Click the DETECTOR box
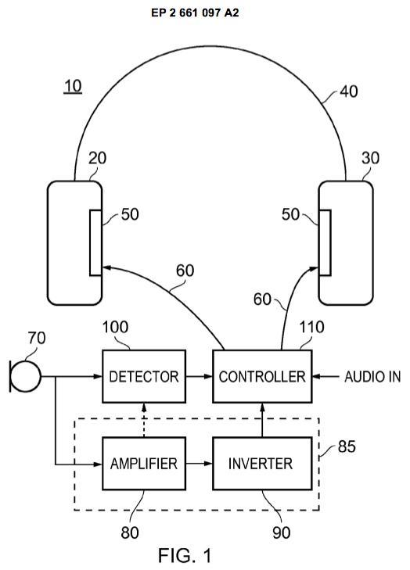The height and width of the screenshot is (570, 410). pyautogui.click(x=144, y=376)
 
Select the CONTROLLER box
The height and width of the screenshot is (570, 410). pyautogui.click(x=262, y=376)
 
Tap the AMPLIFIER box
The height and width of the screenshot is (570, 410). pyautogui.click(x=144, y=464)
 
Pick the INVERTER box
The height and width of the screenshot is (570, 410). pyautogui.click(x=262, y=464)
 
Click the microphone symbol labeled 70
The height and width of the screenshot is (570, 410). pyautogui.click(x=25, y=376)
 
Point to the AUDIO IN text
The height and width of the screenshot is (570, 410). pyautogui.click(x=372, y=377)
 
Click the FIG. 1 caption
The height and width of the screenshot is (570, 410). pyautogui.click(x=185, y=555)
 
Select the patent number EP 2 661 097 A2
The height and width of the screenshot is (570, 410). pyautogui.click(x=195, y=13)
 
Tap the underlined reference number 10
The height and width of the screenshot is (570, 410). pyautogui.click(x=73, y=87)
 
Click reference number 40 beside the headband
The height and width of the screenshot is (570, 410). pyautogui.click(x=348, y=91)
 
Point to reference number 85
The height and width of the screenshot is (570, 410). pyautogui.click(x=347, y=446)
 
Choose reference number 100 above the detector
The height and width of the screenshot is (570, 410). pyautogui.click(x=115, y=327)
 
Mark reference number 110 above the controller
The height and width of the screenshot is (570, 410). pyautogui.click(x=311, y=327)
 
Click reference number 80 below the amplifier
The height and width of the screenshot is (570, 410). pyautogui.click(x=130, y=532)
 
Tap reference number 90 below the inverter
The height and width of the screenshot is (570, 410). pyautogui.click(x=281, y=532)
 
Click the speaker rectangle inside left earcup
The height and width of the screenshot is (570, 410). pyautogui.click(x=95, y=242)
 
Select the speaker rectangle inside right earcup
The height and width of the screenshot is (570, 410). pyautogui.click(x=325, y=242)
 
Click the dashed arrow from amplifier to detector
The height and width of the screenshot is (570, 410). pyautogui.click(x=144, y=420)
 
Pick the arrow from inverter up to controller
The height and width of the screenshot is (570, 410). pyautogui.click(x=262, y=420)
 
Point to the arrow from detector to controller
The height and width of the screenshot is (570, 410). pyautogui.click(x=200, y=376)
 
